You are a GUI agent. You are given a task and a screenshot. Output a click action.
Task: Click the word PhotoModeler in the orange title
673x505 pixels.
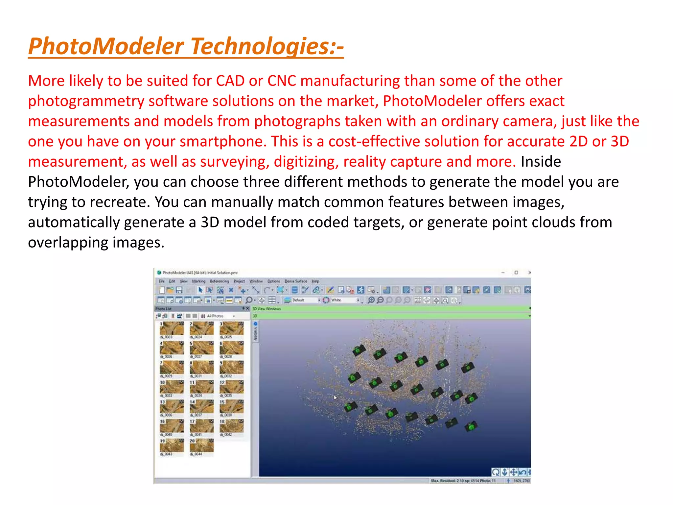click(106, 46)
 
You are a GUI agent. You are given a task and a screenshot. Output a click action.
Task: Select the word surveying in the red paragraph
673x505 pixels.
click(235, 162)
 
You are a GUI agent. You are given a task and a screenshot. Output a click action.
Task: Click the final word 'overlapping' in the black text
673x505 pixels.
click(68, 243)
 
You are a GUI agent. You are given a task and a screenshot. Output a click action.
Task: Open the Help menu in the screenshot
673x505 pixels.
click(315, 281)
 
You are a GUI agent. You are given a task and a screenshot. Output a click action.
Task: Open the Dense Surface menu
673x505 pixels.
click(295, 281)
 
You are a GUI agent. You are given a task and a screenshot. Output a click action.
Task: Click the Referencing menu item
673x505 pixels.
click(219, 281)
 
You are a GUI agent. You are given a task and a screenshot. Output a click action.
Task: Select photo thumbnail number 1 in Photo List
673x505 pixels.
click(172, 328)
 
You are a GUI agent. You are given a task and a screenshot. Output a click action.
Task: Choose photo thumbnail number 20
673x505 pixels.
click(201, 445)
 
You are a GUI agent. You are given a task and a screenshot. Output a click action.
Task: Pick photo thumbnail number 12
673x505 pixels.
click(232, 387)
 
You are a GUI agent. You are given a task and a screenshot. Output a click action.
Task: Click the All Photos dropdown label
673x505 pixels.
click(215, 316)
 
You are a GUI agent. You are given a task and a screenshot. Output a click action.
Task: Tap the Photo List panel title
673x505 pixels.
click(164, 309)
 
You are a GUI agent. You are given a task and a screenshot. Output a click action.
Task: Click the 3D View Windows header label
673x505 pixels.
click(267, 309)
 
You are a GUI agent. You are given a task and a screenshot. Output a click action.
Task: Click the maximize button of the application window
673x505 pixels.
click(516, 273)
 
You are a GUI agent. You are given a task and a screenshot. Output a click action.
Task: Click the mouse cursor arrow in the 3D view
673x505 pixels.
click(335, 397)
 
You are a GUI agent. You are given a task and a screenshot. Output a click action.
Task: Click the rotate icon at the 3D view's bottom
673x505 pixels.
click(496, 472)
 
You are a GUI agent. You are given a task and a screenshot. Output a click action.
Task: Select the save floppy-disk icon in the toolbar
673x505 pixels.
click(179, 290)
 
